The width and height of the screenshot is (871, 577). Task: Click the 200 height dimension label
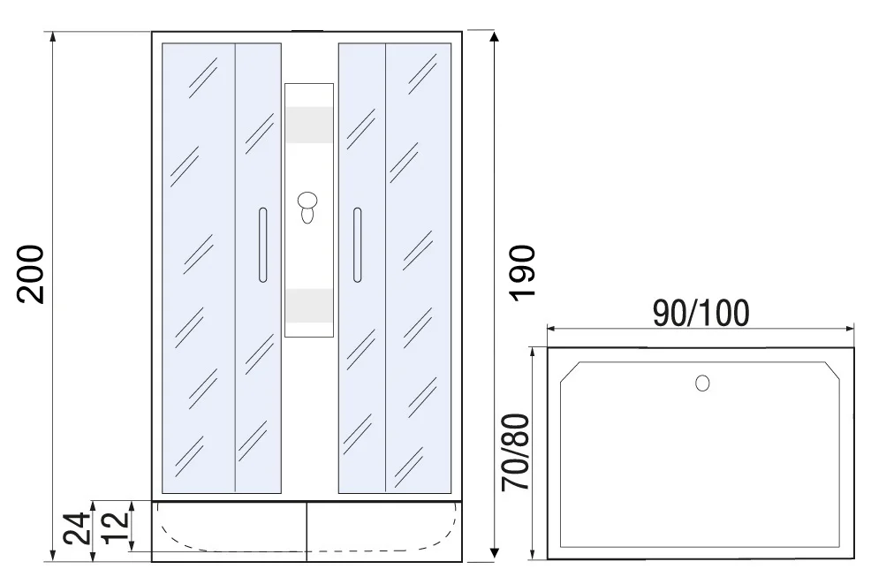pyautogui.click(x=31, y=274)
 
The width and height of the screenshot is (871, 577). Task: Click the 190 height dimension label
pyautogui.click(x=523, y=273)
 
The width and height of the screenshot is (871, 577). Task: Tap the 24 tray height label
pyautogui.click(x=76, y=528)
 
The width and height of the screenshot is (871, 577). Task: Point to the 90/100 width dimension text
pyautogui.click(x=701, y=313)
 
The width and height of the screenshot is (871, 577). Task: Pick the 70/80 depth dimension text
pyautogui.click(x=516, y=452)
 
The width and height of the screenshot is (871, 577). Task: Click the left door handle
pyautogui.click(x=262, y=245)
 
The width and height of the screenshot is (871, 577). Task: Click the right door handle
pyautogui.click(x=357, y=245)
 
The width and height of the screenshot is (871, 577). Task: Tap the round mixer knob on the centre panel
pyautogui.click(x=307, y=201)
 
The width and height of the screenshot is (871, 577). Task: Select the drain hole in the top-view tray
pyautogui.click(x=702, y=383)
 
